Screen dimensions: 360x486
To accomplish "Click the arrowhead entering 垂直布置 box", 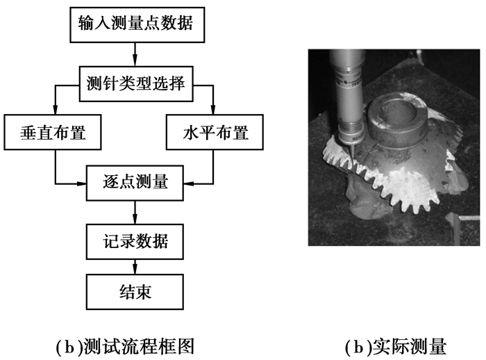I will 55,111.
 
